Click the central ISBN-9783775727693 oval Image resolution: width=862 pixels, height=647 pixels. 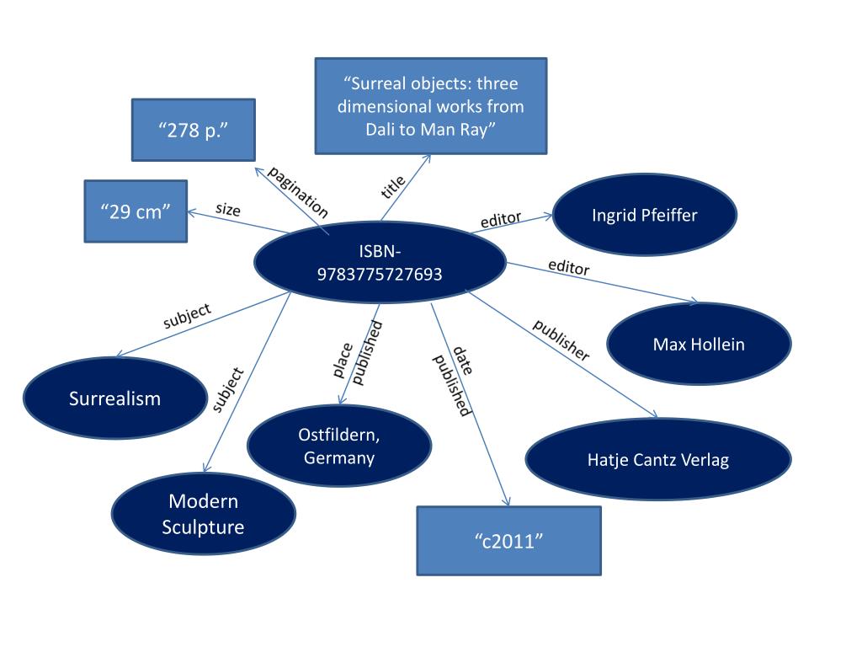(x=380, y=262)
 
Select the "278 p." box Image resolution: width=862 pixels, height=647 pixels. (x=194, y=130)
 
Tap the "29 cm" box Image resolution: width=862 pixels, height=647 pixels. (x=136, y=211)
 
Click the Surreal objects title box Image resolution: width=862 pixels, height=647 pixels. (x=430, y=106)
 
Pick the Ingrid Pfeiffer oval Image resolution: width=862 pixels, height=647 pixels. (x=644, y=215)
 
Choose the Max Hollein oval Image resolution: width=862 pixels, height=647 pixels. (x=698, y=345)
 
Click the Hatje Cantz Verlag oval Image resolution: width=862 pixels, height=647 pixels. (x=657, y=459)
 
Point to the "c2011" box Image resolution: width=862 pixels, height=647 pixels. (x=508, y=540)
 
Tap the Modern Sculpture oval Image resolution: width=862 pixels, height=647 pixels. (x=204, y=514)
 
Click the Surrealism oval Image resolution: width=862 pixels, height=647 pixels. (x=114, y=398)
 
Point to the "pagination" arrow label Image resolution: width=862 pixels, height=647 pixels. (x=297, y=193)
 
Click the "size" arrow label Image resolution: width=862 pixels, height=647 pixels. (x=227, y=210)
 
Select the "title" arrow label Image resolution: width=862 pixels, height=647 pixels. (x=393, y=186)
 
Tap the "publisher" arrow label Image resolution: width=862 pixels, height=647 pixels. (x=561, y=340)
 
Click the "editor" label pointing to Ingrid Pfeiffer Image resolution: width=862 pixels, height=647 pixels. (x=501, y=221)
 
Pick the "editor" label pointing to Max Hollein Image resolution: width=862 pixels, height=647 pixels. (x=568, y=267)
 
